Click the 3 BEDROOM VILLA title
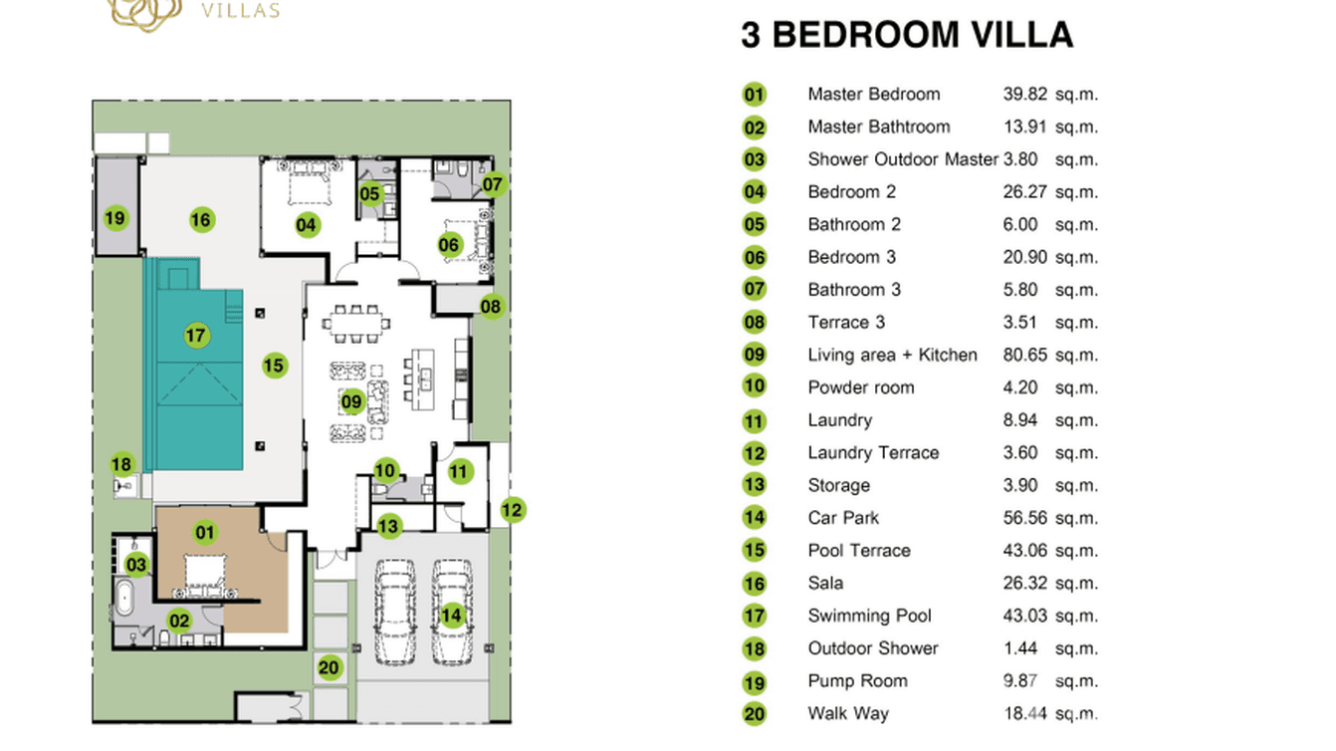(906, 35)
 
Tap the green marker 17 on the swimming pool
(196, 335)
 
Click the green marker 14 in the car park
(452, 615)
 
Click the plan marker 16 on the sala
(202, 219)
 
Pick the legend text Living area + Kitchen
(892, 355)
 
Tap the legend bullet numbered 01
(755, 95)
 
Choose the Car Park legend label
(843, 518)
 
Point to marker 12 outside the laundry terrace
(512, 510)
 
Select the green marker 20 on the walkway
(330, 667)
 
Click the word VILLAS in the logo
(240, 12)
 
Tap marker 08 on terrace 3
(491, 306)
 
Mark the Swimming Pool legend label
(869, 616)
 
